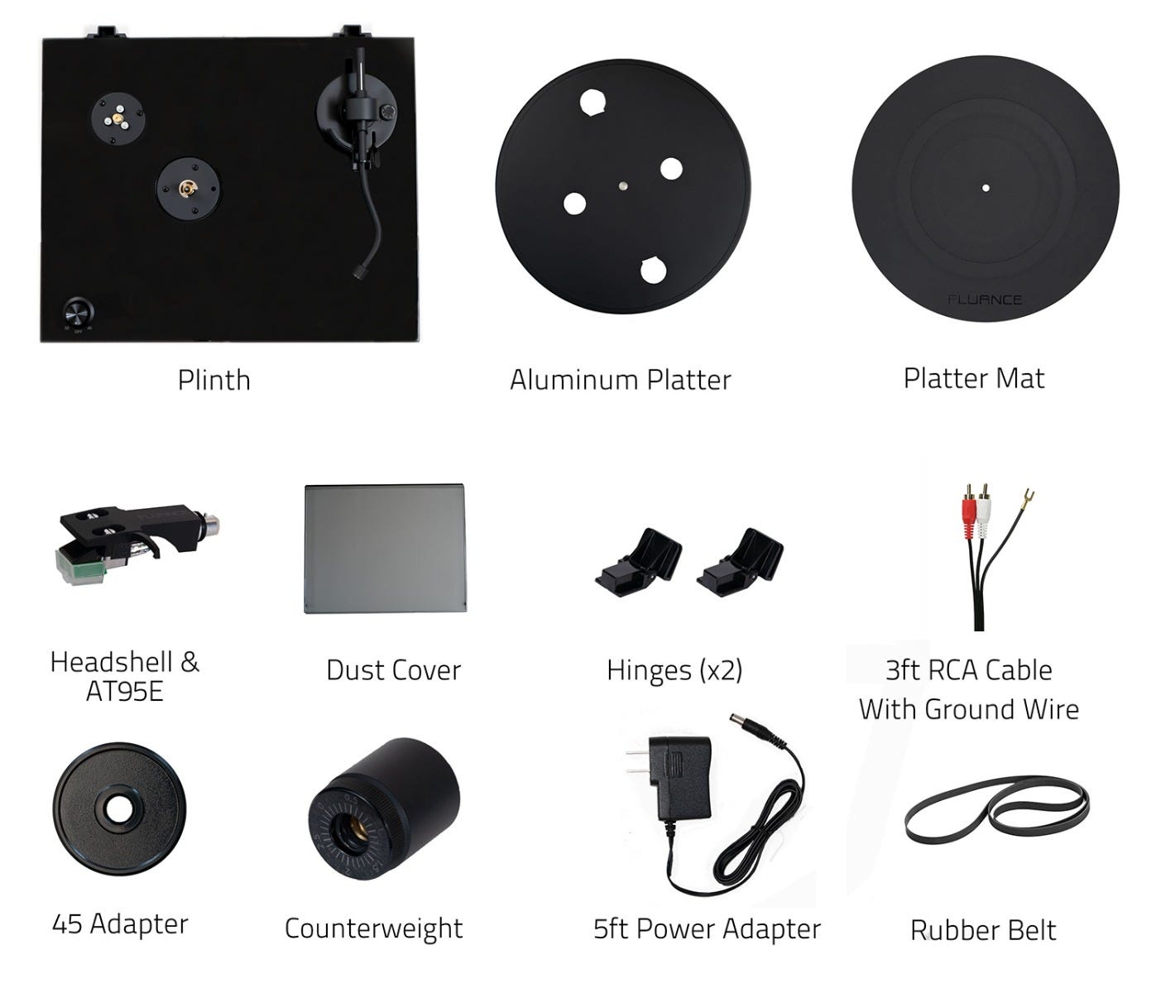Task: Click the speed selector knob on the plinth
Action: pyautogui.click(x=79, y=312)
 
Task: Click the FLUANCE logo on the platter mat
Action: pyautogui.click(x=985, y=300)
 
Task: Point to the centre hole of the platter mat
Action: pyautogui.click(x=986, y=188)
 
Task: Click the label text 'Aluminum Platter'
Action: pyautogui.click(x=621, y=380)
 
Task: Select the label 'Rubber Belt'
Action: pyautogui.click(x=983, y=930)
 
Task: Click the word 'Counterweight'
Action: pyautogui.click(x=373, y=928)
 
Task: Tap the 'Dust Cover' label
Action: pyautogui.click(x=394, y=669)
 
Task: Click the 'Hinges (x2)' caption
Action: pyautogui.click(x=674, y=670)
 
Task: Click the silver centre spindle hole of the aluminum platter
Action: pyautogui.click(x=623, y=185)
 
